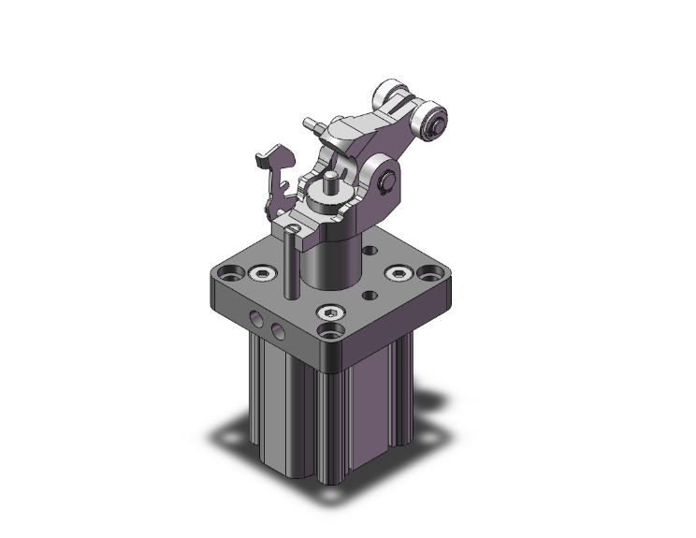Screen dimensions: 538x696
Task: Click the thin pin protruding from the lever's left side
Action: [311, 124]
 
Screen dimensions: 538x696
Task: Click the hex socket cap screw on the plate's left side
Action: [258, 274]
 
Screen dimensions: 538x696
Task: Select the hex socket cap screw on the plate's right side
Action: [399, 273]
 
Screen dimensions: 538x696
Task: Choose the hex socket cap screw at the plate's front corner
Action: [330, 313]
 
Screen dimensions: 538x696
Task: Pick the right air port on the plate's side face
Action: [278, 331]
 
